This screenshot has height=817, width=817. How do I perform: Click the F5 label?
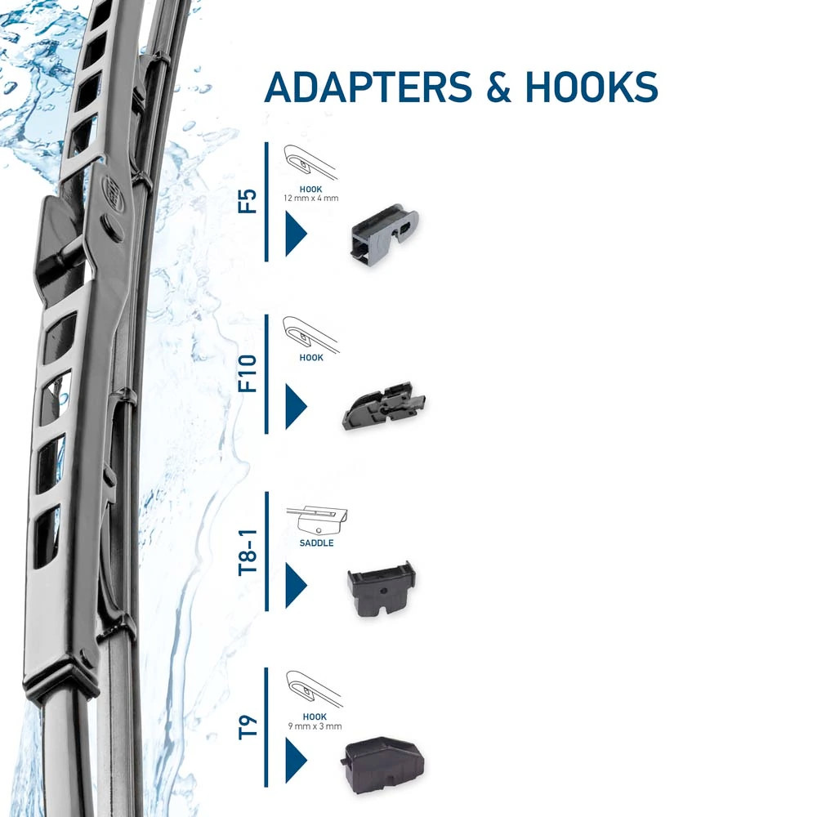(x=247, y=201)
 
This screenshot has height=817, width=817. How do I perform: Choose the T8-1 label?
(x=247, y=552)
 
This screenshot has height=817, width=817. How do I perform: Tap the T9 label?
(x=247, y=726)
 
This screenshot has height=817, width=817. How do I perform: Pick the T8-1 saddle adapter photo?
(x=381, y=588)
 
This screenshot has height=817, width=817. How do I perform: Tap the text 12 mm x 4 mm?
(x=310, y=198)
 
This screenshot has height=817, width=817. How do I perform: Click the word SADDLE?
(x=316, y=543)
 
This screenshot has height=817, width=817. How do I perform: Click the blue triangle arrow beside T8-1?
(x=294, y=586)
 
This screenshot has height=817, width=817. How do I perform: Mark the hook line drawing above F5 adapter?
(x=310, y=162)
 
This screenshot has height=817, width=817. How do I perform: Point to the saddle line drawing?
(x=318, y=519)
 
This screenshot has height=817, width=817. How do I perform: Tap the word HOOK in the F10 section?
(x=311, y=358)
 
